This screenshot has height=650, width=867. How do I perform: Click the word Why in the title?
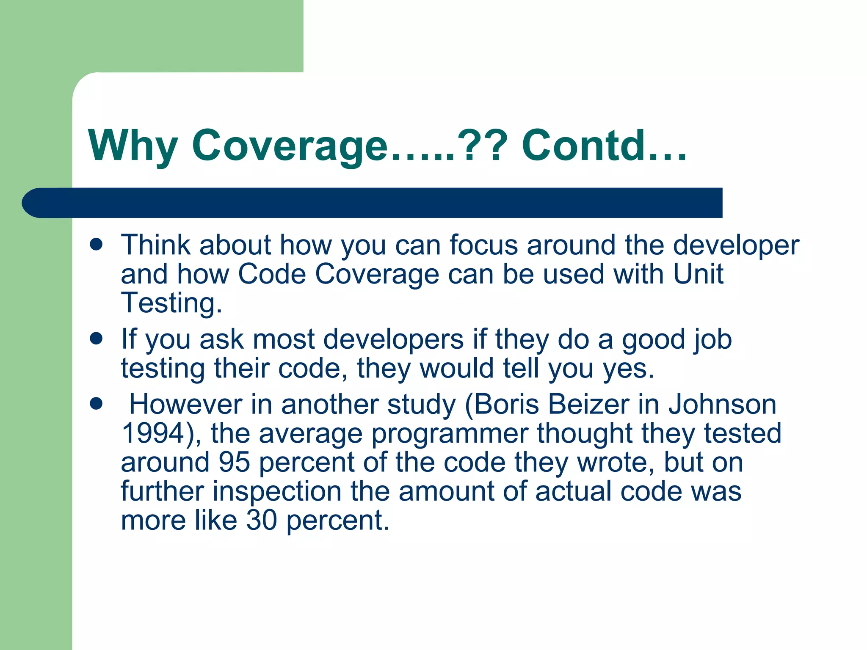point(133,146)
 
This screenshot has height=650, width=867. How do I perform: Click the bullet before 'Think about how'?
point(97,245)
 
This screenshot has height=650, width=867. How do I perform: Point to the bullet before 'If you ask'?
point(97,339)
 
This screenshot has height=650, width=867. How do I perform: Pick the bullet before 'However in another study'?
point(97,404)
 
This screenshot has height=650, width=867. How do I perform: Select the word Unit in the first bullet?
point(698,274)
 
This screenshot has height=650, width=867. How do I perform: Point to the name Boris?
point(506,404)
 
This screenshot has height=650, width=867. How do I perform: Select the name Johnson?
point(722,404)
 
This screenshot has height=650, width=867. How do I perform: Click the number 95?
point(234,462)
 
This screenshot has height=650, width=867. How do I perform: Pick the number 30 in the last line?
point(262,520)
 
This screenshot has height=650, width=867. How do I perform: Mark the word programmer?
point(450,434)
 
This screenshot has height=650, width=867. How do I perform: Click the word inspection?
point(277,492)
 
